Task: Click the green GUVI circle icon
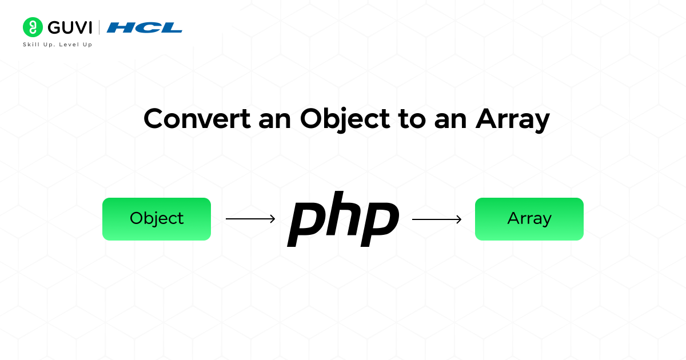click(x=33, y=27)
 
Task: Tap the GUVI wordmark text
click(x=70, y=27)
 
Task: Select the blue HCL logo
click(x=145, y=27)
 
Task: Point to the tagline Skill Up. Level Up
click(x=57, y=45)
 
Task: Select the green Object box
click(x=157, y=219)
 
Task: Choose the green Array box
click(x=529, y=219)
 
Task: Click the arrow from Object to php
click(x=250, y=219)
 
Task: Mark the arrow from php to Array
click(x=437, y=219)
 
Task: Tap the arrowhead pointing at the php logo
click(x=273, y=219)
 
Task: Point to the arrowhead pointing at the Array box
click(x=459, y=219)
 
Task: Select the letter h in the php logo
click(x=342, y=214)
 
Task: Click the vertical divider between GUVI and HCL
click(x=99, y=27)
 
